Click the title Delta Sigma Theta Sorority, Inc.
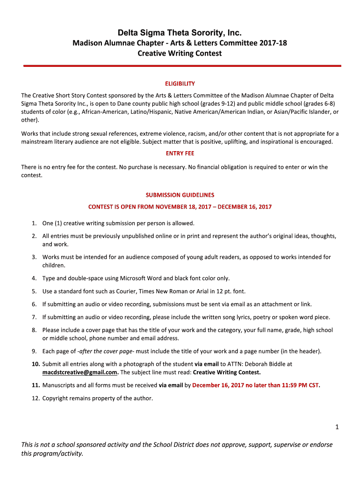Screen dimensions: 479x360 (x=180, y=33)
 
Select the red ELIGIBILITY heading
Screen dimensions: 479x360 (x=180, y=84)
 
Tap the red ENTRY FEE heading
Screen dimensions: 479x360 (x=180, y=153)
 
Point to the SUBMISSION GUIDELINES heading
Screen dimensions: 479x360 (x=180, y=195)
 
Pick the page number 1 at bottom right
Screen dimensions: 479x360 (x=336, y=427)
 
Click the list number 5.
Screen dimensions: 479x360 (x=35, y=291)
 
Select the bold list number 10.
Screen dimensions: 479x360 (x=36, y=363)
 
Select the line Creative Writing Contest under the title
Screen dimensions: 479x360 (x=180, y=53)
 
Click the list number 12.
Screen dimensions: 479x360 (x=36, y=399)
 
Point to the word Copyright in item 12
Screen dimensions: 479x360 (x=56, y=399)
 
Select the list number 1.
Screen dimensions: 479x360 (x=35, y=223)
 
